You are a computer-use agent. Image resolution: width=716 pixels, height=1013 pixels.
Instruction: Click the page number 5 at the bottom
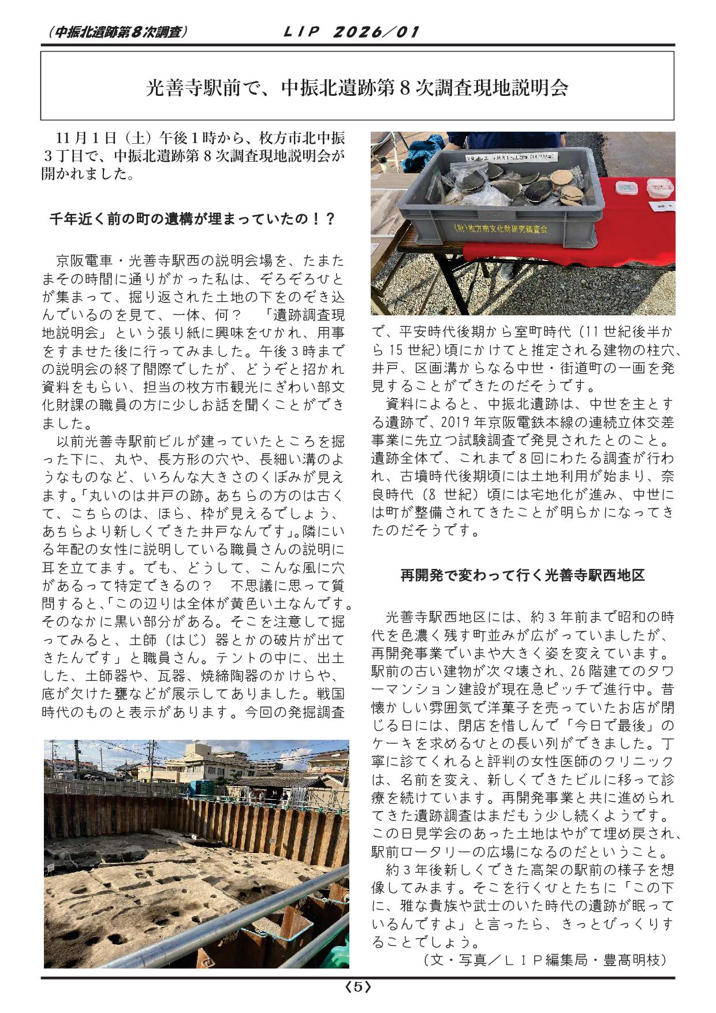pos(357,988)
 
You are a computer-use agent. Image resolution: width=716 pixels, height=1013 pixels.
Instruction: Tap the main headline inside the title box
pos(357,88)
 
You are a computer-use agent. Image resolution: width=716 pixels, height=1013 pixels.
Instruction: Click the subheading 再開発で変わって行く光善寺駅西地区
pos(523,575)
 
